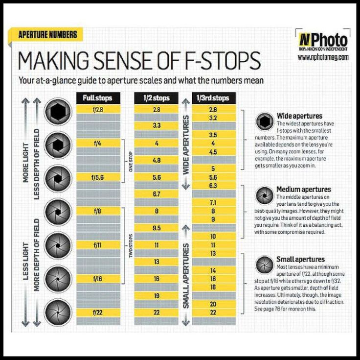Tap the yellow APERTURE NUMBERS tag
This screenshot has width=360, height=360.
[47, 35]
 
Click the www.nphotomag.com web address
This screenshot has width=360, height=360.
[323, 57]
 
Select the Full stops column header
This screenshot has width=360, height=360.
[98, 98]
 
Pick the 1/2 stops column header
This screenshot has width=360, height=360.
[157, 98]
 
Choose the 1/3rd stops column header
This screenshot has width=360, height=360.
[213, 98]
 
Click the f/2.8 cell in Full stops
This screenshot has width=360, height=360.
[98, 110]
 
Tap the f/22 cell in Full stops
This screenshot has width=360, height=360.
[98, 312]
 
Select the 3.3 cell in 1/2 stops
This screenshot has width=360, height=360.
[157, 126]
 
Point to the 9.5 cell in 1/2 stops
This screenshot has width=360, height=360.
[157, 228]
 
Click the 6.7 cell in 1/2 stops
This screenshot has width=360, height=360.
[157, 194]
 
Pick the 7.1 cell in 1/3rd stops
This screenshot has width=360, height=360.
[213, 202]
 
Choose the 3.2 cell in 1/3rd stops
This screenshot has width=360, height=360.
[213, 118]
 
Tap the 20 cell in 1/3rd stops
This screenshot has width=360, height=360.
[213, 304]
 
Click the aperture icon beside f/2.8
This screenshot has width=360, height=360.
[59, 112]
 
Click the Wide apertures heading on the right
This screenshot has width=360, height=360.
[299, 116]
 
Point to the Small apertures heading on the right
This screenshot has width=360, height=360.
[300, 259]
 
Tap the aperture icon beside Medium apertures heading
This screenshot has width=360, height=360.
[265, 195]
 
